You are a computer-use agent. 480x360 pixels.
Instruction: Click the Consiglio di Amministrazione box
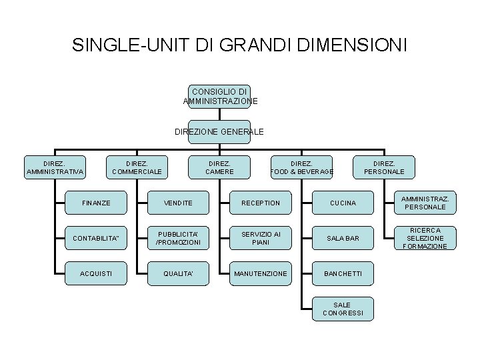(219, 97)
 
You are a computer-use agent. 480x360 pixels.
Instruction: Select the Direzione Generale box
(219, 132)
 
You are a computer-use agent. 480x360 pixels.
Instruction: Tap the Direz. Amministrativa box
(55, 167)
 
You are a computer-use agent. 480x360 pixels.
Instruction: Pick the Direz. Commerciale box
(137, 167)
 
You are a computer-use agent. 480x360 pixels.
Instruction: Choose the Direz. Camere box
(219, 167)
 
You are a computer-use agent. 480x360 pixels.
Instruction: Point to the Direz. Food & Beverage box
(301, 167)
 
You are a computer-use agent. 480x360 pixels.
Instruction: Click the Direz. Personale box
(384, 167)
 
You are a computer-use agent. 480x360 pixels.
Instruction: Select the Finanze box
(96, 203)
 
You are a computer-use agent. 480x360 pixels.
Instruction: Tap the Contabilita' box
(96, 238)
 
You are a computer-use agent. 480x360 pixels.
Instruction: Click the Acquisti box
(96, 273)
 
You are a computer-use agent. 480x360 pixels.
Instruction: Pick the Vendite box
(178, 203)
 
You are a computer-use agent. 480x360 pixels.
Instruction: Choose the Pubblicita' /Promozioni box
(178, 238)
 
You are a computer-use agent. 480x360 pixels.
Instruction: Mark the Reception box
(261, 203)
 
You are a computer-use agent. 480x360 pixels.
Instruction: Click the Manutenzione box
(261, 273)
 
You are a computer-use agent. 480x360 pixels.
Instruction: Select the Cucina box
(343, 203)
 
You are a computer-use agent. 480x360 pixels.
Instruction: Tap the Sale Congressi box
(343, 309)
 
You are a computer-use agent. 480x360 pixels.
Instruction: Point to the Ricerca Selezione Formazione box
(425, 238)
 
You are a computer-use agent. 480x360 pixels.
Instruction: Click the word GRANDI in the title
(255, 45)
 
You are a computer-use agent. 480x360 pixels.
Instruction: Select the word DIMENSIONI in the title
(352, 45)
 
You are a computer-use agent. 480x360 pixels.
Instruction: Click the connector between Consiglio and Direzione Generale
(219, 115)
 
